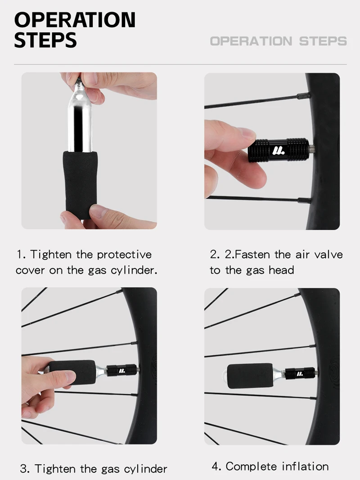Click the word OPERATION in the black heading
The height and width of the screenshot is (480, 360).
tap(75, 20)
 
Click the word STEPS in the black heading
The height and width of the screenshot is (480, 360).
tap(45, 40)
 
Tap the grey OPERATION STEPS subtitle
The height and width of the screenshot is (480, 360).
tap(278, 41)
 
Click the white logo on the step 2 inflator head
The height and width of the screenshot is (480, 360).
tap(278, 150)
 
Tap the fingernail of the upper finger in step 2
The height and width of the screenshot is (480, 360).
tap(247, 134)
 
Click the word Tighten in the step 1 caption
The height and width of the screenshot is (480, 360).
tap(51, 255)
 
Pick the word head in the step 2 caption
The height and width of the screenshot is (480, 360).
tap(281, 270)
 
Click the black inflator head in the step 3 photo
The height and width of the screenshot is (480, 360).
tap(121, 370)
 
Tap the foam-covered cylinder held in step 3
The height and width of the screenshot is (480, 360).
tap(72, 372)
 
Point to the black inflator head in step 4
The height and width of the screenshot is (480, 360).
tap(301, 373)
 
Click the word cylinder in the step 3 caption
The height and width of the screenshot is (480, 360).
tap(145, 469)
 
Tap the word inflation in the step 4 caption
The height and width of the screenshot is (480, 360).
tap(305, 467)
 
